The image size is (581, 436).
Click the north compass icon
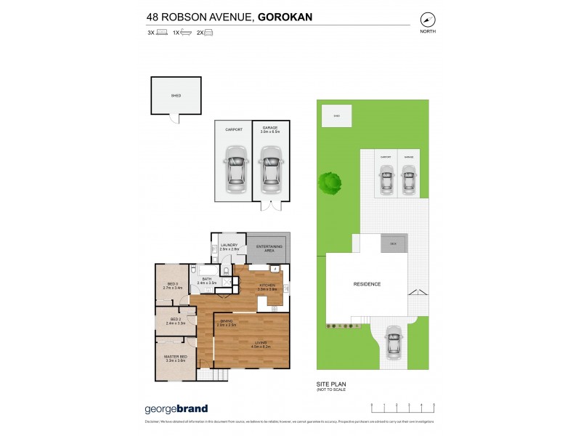(428, 21)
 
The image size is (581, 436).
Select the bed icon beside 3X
(161, 33)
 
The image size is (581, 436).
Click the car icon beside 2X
(208, 33)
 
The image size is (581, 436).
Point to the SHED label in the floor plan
(176, 95)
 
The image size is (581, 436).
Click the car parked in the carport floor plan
(234, 169)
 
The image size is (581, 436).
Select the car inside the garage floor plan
(270, 169)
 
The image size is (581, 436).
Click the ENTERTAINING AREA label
(268, 249)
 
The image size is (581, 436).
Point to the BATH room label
(206, 280)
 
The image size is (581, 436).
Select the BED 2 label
(175, 320)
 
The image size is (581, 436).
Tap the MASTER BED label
(176, 358)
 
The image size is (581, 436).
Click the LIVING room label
(259, 344)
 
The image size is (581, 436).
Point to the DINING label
(226, 323)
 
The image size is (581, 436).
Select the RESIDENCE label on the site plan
(367, 284)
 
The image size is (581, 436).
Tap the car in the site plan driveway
(393, 339)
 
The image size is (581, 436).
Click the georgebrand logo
(177, 408)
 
